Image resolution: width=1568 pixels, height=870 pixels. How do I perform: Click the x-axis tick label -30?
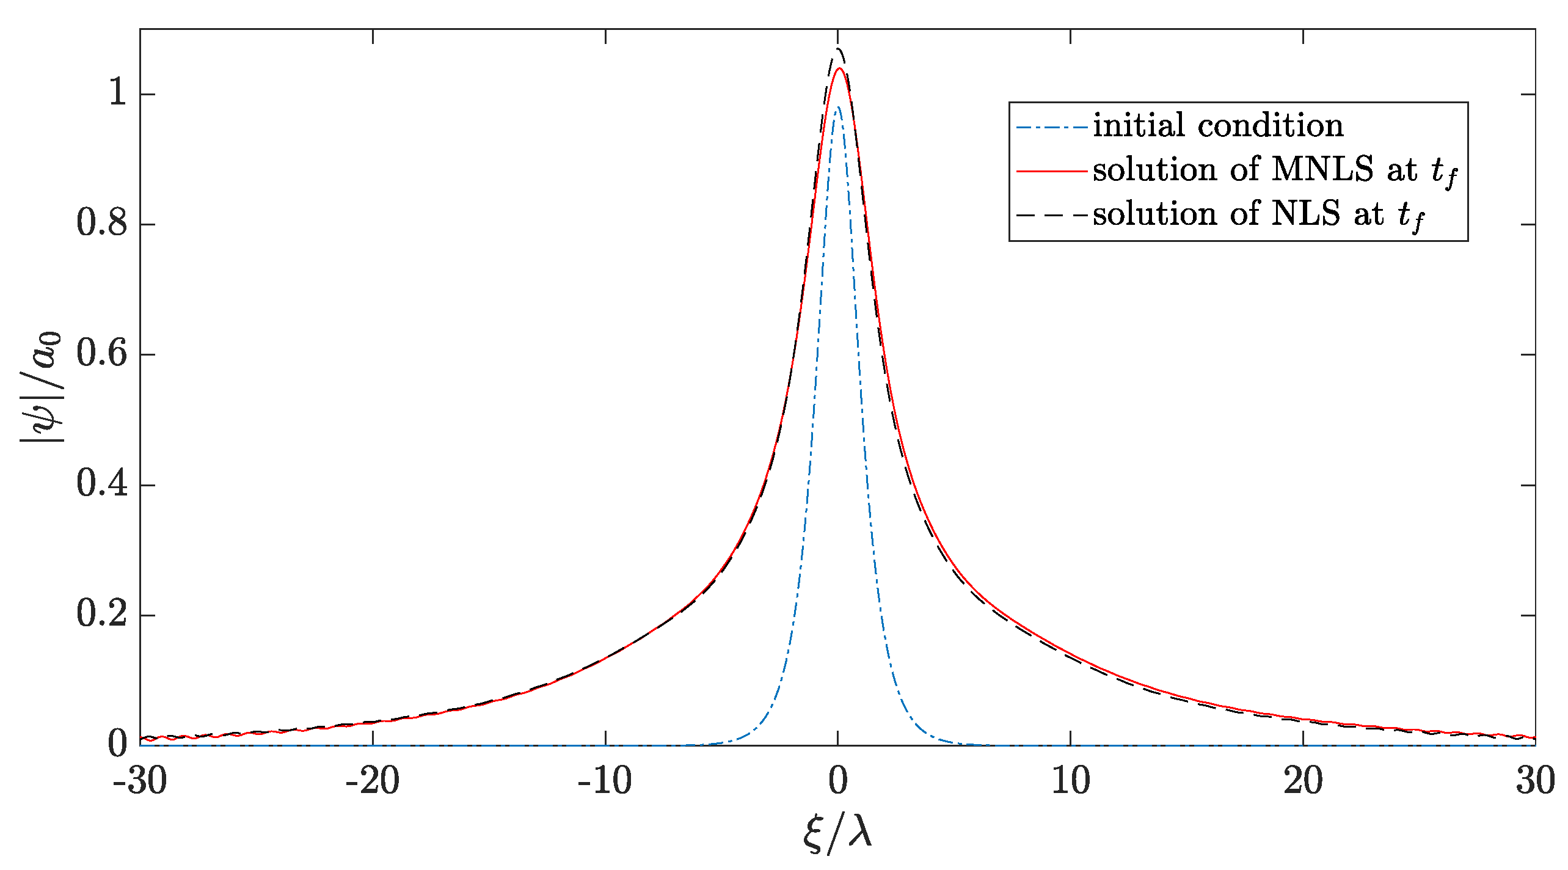click(140, 781)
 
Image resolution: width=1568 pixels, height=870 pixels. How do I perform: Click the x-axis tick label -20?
click(373, 781)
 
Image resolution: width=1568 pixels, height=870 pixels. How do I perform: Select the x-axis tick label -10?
click(605, 781)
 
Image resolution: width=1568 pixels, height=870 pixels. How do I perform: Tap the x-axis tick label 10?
click(1071, 781)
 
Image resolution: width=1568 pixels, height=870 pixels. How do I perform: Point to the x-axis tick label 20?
click(1304, 781)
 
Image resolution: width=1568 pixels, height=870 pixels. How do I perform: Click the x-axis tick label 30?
click(1535, 781)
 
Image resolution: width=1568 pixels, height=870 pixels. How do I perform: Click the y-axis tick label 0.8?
click(102, 224)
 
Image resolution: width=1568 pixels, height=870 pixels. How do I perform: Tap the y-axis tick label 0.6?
click(102, 354)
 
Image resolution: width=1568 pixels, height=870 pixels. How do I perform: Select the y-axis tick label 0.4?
click(102, 484)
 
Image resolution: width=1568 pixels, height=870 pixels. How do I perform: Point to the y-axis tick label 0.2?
click(102, 615)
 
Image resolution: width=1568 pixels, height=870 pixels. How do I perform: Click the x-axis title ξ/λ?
click(837, 833)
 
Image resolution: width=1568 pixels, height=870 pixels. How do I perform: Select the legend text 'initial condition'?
click(1218, 126)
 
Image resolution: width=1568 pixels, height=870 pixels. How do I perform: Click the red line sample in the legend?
click(1051, 171)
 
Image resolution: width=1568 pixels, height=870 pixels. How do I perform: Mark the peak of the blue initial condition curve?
click(838, 107)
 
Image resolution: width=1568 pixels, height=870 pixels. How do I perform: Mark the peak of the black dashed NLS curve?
click(838, 48)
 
